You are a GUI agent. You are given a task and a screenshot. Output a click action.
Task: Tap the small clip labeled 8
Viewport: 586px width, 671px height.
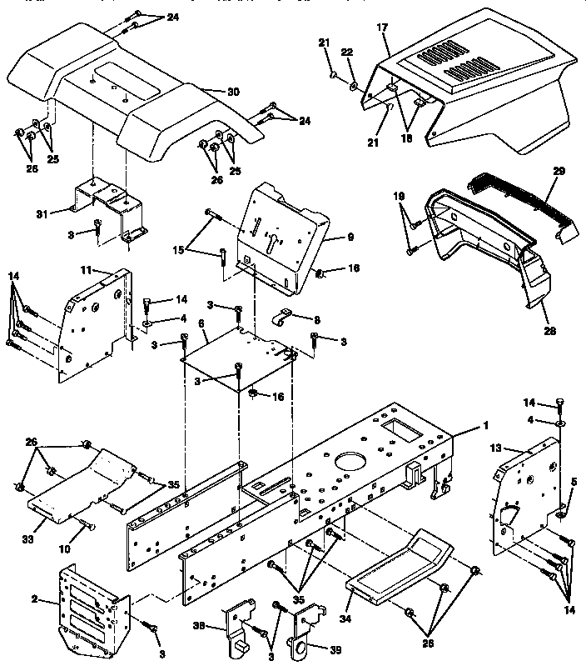(283, 318)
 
